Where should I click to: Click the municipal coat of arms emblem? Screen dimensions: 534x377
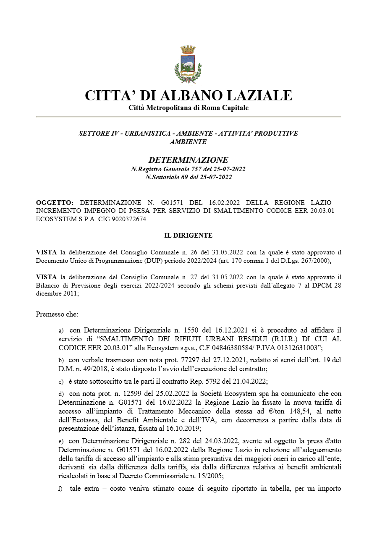188,64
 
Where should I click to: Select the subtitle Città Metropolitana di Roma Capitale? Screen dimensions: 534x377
188,108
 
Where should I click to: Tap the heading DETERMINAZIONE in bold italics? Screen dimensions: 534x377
188,160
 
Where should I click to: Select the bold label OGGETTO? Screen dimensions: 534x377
55,202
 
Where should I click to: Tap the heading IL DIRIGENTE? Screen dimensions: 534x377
188,236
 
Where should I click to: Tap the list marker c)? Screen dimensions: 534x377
61,382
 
